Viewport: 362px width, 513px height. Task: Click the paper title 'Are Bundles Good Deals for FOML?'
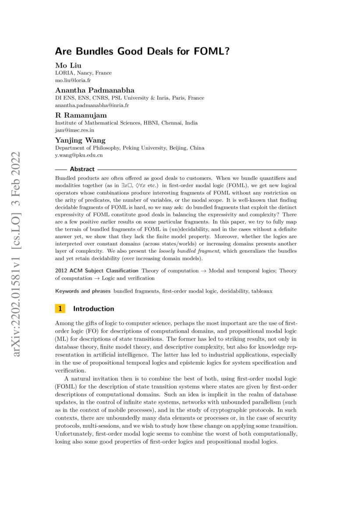coord(142,51)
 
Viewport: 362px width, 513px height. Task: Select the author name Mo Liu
coord(66,65)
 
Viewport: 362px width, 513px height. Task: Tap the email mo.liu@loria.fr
coord(73,81)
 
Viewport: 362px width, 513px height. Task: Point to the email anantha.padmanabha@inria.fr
coord(92,106)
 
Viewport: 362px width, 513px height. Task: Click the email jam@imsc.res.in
coord(75,130)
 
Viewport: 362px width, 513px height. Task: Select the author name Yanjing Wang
coord(80,140)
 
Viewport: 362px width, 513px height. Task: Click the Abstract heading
coord(82,169)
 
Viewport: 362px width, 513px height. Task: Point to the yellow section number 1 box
coord(60,309)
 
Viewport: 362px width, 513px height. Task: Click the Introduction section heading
coord(93,309)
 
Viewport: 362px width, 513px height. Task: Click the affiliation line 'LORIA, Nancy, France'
coord(83,73)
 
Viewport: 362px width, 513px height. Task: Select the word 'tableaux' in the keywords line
coord(264,291)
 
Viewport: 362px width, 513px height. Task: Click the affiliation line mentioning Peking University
coord(129,148)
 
